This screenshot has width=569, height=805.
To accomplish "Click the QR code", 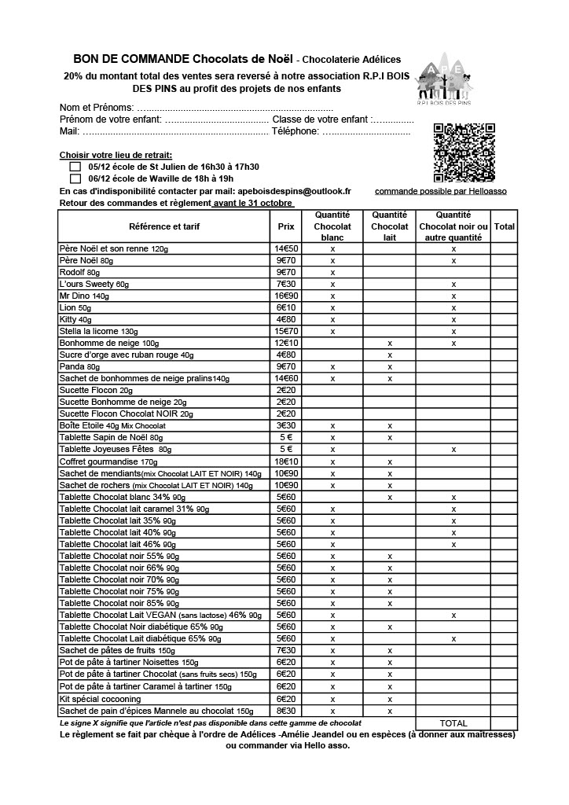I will click(x=464, y=153).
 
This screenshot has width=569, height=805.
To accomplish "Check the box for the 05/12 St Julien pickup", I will click(x=75, y=167).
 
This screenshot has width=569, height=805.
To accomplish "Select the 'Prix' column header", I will click(x=285, y=226).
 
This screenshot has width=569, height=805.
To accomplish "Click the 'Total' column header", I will click(x=505, y=226).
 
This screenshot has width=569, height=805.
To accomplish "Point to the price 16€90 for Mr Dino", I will click(x=285, y=296).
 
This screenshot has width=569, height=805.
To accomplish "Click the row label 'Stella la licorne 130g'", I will click(x=98, y=332).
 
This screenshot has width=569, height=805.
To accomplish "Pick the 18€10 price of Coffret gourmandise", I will click(x=285, y=461).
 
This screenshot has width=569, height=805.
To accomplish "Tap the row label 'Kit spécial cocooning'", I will click(x=101, y=698).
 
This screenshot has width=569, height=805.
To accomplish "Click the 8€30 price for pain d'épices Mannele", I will click(x=285, y=710).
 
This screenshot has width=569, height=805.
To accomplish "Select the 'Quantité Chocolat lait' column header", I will click(x=389, y=226).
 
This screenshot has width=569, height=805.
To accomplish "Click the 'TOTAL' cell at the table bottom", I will click(x=453, y=722).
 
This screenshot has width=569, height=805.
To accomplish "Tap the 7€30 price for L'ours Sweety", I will click(x=285, y=285).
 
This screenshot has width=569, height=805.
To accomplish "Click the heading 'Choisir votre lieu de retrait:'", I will click(x=116, y=155).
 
